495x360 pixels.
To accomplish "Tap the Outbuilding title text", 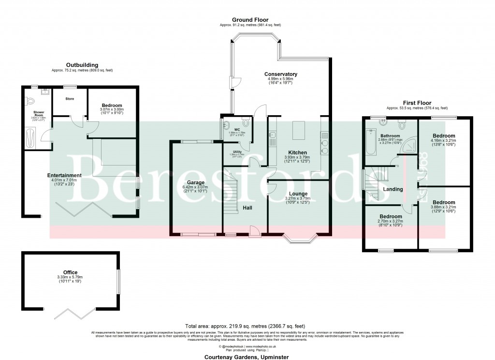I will click(82, 65).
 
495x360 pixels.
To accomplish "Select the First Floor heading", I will click(416, 103).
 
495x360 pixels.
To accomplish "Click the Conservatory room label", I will click(281, 74).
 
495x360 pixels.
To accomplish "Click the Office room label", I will click(70, 272).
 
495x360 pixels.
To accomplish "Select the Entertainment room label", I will click(64, 175).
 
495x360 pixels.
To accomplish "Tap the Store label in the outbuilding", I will click(70, 98).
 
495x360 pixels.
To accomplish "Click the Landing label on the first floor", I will click(393, 189).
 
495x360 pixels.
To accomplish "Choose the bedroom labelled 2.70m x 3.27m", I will click(390, 216).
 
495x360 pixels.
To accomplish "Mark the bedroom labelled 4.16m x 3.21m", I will click(444, 136).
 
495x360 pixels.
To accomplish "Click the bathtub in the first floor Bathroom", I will click(370, 142).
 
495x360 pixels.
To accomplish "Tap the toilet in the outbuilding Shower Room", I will click(30, 101).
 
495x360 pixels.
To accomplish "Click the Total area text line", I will click(245, 326).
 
